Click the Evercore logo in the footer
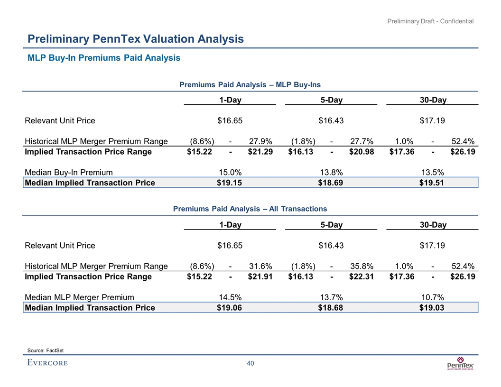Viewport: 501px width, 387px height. pyautogui.click(x=47, y=363)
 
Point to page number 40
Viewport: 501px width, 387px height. pyautogui.click(x=250, y=363)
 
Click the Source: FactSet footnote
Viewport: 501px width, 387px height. pyautogui.click(x=46, y=350)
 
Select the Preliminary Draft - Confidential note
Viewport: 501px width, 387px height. pyautogui.click(x=430, y=21)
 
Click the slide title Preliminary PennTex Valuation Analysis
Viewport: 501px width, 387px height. pyautogui.click(x=135, y=39)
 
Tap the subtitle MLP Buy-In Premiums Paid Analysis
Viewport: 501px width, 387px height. pyautogui.click(x=104, y=58)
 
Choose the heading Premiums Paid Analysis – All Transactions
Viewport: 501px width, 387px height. pyautogui.click(x=250, y=209)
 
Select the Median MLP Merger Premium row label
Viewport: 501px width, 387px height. pyautogui.click(x=79, y=297)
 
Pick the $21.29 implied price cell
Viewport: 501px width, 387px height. pyautogui.click(x=260, y=152)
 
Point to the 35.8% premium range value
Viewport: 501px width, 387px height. pyautogui.click(x=361, y=266)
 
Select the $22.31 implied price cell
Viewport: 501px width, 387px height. pyautogui.click(x=361, y=277)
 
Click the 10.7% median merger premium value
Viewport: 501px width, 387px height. pyautogui.click(x=432, y=297)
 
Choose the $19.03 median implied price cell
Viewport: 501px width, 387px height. pyautogui.click(x=432, y=308)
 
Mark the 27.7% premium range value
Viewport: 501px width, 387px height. pyautogui.click(x=361, y=141)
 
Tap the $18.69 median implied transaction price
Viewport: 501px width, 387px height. pyautogui.click(x=331, y=183)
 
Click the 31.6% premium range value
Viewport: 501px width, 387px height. pyautogui.click(x=260, y=266)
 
